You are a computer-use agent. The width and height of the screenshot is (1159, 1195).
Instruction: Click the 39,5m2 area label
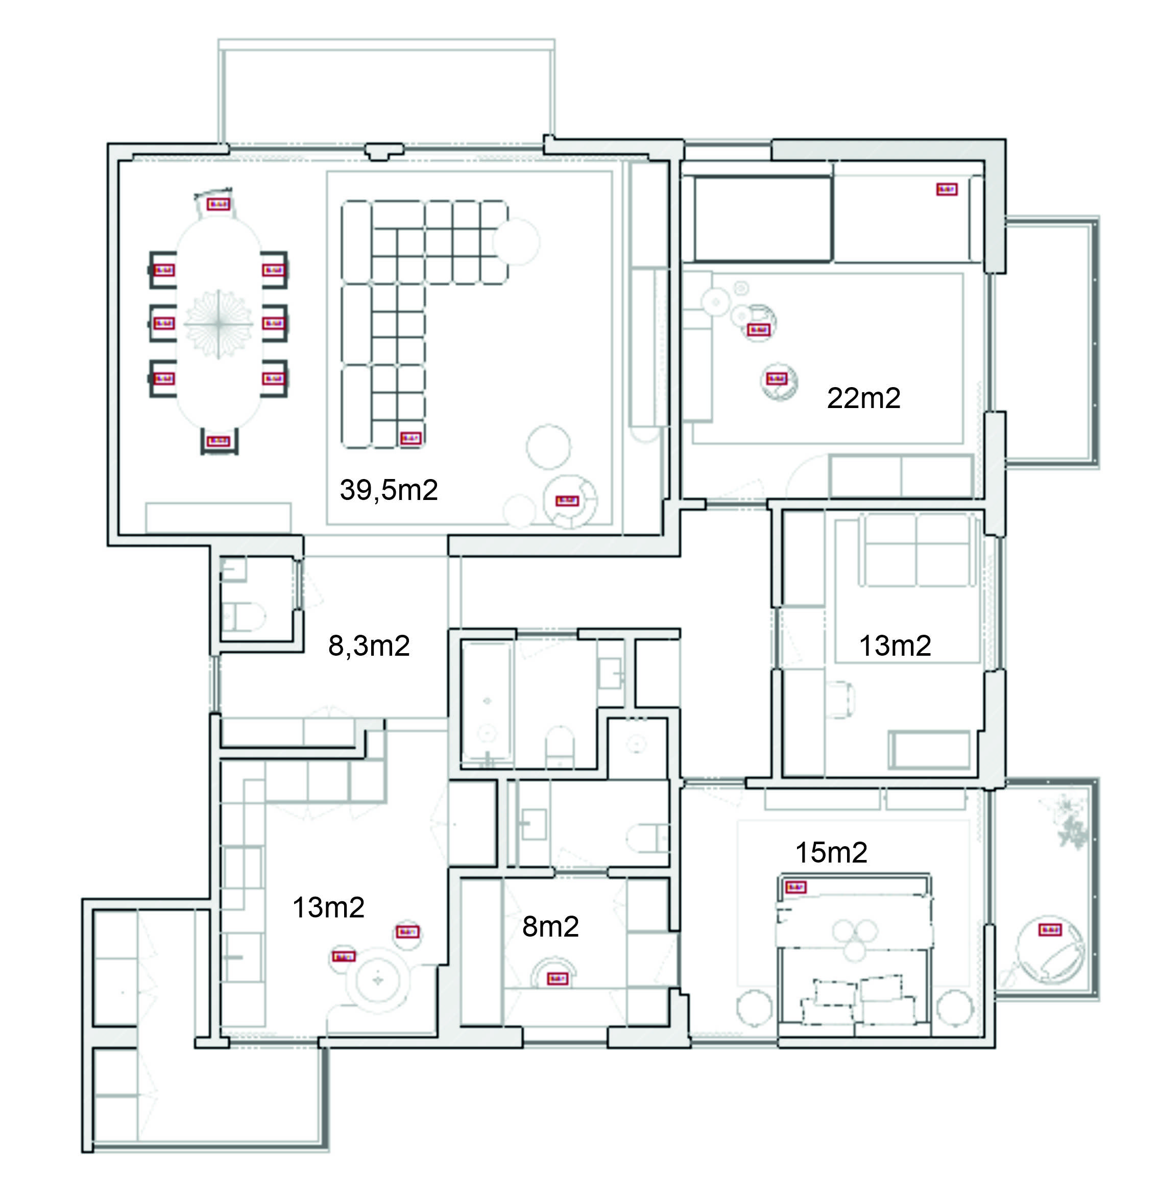pos(389,490)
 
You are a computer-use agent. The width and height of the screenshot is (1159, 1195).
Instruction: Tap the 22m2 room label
pos(863,399)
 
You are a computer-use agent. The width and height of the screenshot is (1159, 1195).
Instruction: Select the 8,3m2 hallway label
pos(368,646)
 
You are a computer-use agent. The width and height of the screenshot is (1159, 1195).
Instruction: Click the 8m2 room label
pos(550,927)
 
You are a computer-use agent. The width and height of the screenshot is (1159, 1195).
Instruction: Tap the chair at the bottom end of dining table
pos(219,441)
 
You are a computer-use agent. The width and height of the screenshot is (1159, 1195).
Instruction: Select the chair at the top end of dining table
pos(218,204)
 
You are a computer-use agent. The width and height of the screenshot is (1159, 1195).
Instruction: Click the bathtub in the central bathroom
pos(487,701)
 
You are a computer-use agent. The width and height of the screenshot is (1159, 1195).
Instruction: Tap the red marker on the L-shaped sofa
pos(411,438)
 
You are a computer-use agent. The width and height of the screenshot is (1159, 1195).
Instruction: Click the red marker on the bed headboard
pos(795,887)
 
